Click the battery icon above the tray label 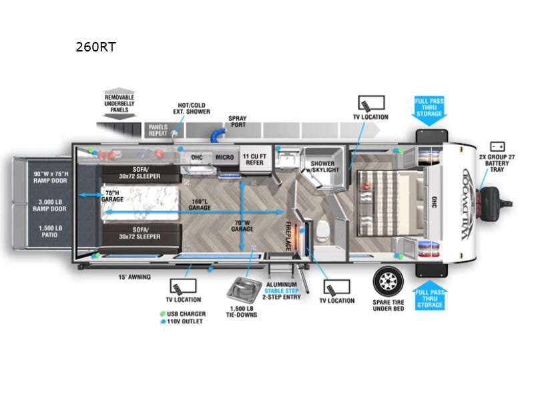[x=497, y=146]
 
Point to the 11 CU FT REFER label [x=254, y=158]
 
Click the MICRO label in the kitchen [x=224, y=158]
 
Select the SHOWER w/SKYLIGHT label [x=322, y=166]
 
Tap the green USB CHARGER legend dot [x=163, y=313]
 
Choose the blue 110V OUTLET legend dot [x=163, y=321]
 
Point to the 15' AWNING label [x=134, y=277]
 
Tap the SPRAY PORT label [x=238, y=121]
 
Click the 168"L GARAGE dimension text [x=200, y=205]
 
